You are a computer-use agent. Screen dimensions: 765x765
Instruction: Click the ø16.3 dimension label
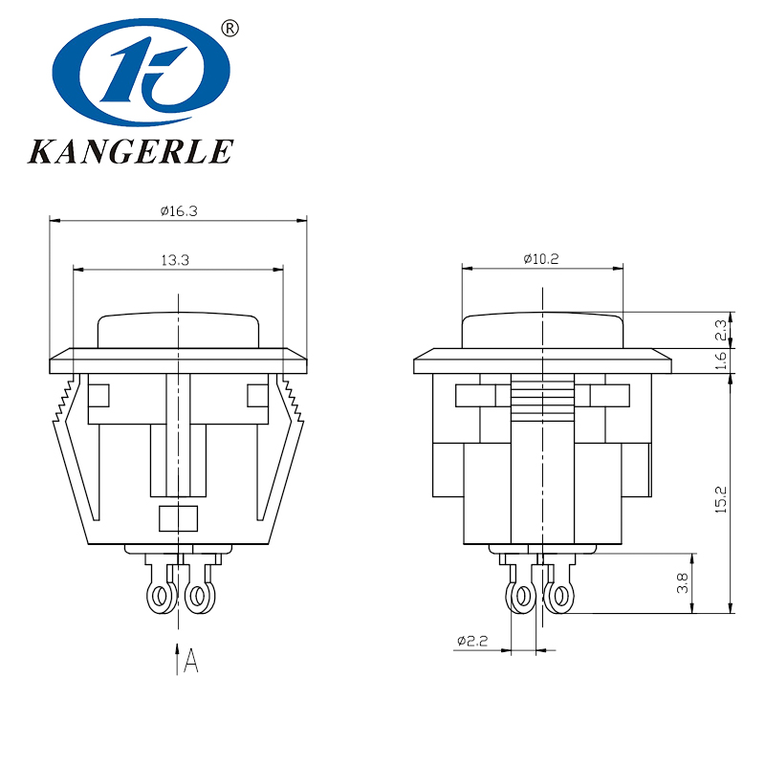(179, 211)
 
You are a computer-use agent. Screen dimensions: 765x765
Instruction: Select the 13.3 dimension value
(178, 259)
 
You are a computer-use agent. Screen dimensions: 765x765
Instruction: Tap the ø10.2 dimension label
(541, 258)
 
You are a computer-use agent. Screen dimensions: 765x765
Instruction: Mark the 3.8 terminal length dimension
(683, 583)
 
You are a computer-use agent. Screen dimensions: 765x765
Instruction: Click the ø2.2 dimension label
(472, 641)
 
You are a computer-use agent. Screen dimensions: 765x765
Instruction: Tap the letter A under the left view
(191, 661)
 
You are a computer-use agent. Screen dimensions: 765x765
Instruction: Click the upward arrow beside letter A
(177, 660)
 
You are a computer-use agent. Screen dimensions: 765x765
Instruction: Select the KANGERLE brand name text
(130, 151)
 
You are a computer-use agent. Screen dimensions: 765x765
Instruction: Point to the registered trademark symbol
(229, 28)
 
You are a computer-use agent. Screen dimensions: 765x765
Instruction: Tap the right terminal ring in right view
(558, 599)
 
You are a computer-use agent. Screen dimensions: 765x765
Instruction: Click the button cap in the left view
(178, 331)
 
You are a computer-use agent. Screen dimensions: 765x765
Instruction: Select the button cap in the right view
(542, 331)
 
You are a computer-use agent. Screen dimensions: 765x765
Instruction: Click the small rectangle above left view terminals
(177, 518)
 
